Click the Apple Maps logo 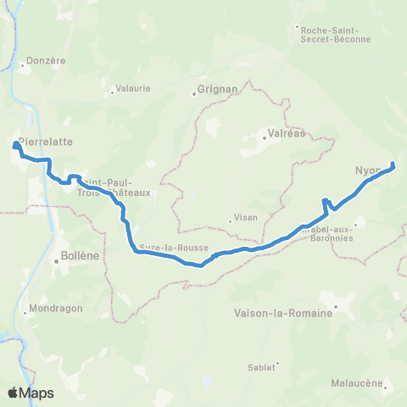30,393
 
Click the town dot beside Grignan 194,93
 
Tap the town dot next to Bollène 56,261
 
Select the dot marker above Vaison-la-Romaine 336,305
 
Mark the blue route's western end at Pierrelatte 15,146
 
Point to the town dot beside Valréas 264,139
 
